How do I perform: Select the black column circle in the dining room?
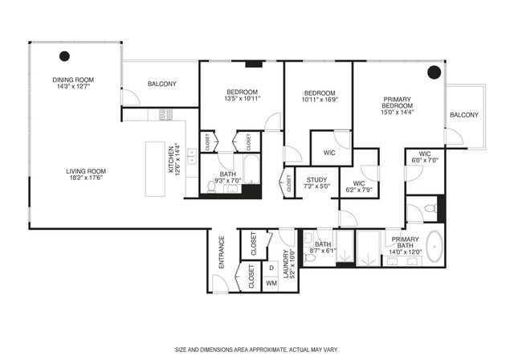[64, 56]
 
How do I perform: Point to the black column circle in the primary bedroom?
[434, 72]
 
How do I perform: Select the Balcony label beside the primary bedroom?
[463, 115]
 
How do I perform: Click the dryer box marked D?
[271, 268]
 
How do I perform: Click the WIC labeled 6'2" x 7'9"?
[353, 187]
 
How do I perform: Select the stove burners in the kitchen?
[166, 114]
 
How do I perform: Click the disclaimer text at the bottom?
[256, 350]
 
